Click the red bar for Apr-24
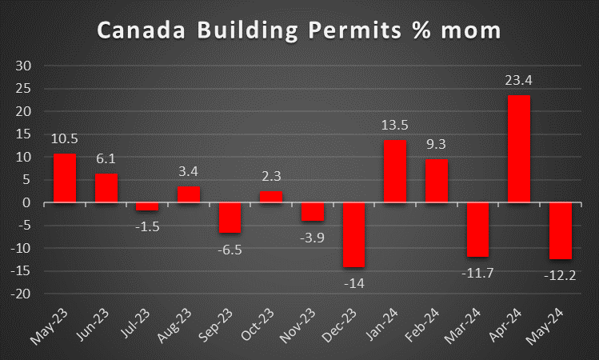tap(519, 149)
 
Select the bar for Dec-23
tap(353, 234)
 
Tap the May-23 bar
tap(65, 178)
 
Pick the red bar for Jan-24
tap(395, 171)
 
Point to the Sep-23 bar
tap(230, 218)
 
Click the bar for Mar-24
tap(477, 230)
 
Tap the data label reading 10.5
tap(65, 139)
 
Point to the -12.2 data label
tap(561, 273)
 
